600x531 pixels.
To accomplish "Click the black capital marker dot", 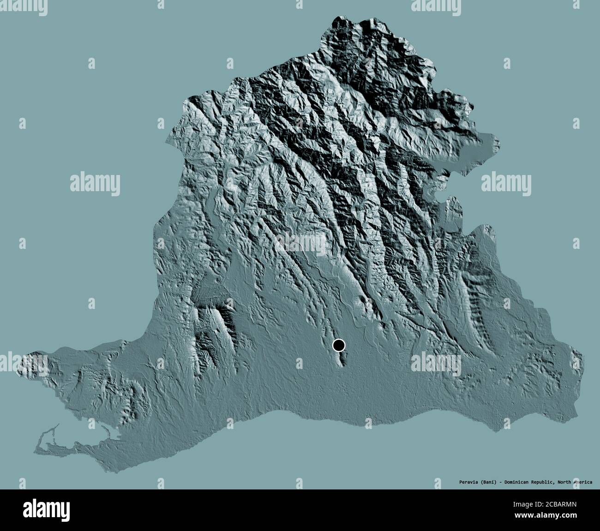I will [x=339, y=345].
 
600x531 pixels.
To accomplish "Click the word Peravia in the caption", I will [x=463, y=482].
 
